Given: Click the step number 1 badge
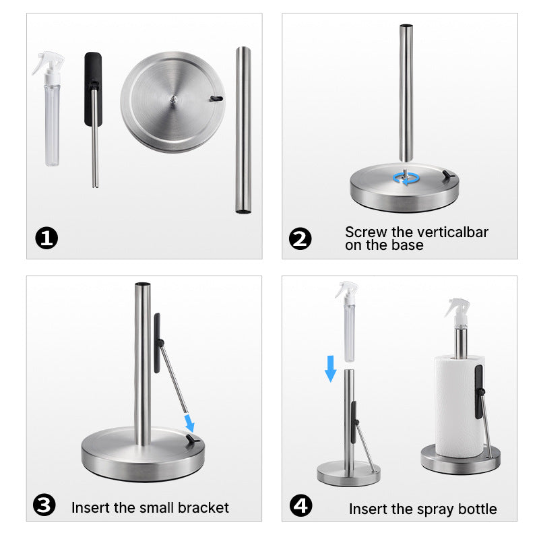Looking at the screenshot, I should tap(46, 238).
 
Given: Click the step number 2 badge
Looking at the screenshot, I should tap(300, 238).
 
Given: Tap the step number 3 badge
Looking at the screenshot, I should tap(44, 505).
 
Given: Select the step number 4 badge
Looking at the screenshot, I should tap(301, 505).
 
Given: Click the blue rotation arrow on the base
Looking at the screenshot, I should tap(406, 178).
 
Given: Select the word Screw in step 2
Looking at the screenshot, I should tap(367, 232).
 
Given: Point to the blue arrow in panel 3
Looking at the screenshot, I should tap(190, 422).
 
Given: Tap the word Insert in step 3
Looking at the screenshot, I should tap(92, 507).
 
